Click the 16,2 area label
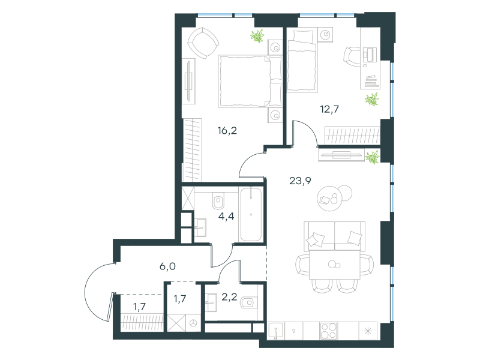tap(227, 131)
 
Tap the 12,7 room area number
tap(329, 109)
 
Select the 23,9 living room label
tap(300, 181)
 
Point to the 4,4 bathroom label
tap(226, 216)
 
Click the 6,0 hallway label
tap(167, 266)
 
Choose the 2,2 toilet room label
tap(229, 296)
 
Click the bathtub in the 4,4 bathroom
tap(251, 214)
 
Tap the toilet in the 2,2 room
tap(249, 303)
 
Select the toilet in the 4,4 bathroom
tap(218, 200)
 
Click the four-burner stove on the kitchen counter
tap(328, 331)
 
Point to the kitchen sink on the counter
tap(276, 331)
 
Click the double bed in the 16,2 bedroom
tap(250, 81)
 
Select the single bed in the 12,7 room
tap(302, 61)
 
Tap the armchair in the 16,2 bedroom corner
tap(203, 43)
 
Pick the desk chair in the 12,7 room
tap(352, 56)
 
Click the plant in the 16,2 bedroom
tap(257, 36)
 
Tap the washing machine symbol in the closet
tap(193, 323)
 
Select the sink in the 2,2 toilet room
tap(211, 302)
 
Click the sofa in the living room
tap(335, 236)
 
